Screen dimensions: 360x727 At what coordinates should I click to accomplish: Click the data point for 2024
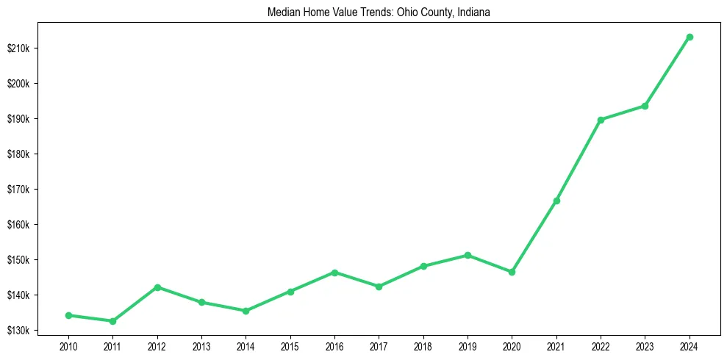point(690,37)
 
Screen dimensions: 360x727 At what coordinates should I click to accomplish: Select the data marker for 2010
point(68,315)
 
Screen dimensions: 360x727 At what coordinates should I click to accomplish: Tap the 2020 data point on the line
point(512,272)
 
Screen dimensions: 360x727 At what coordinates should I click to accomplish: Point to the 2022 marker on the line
point(601,120)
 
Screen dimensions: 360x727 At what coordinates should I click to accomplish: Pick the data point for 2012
point(157,287)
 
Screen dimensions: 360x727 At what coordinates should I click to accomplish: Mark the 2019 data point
point(468,255)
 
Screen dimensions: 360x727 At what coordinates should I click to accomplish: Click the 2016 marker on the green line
point(334,273)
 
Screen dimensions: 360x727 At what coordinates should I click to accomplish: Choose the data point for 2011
point(112,321)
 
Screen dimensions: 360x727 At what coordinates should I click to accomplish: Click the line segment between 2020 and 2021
point(534,236)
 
